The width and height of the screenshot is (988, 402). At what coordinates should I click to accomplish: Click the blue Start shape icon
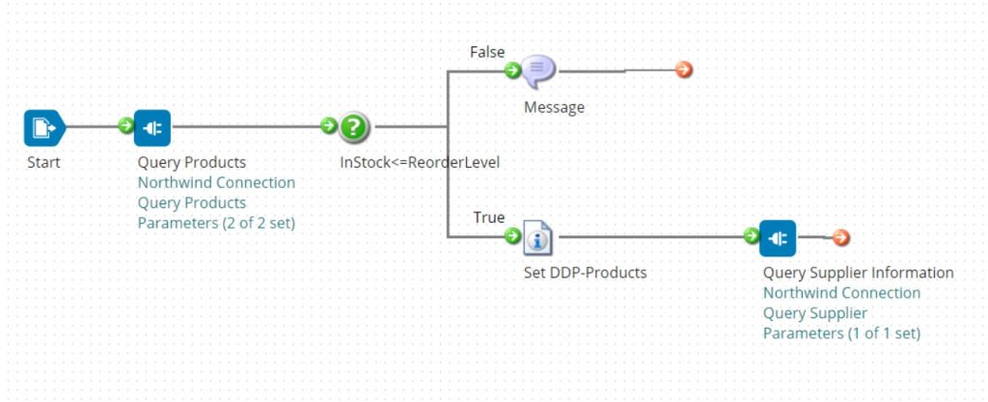coord(44,127)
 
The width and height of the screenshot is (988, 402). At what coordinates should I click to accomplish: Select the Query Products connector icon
coord(152,127)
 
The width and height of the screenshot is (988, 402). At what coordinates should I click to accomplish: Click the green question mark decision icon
coord(354,126)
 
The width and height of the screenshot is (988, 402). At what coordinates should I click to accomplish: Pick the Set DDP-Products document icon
coord(536,236)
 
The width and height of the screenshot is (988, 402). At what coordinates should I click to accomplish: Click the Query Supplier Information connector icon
coord(778,237)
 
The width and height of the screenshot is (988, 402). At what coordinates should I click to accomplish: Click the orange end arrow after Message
coord(684,69)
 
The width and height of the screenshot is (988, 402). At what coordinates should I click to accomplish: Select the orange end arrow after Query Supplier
coord(840,237)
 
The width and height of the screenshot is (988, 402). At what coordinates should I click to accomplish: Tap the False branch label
coord(486,51)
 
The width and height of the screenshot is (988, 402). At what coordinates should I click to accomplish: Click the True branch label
coord(488,217)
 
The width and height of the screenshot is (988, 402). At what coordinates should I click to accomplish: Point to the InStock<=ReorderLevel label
coord(419,162)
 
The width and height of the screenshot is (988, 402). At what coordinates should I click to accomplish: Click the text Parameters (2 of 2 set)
coord(216,223)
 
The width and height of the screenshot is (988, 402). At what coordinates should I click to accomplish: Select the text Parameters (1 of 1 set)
coord(841,334)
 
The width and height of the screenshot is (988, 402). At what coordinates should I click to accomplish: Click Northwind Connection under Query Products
coord(216,182)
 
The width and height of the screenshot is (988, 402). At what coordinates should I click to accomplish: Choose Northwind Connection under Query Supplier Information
coord(841,293)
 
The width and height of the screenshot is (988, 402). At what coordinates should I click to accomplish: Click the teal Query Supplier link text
coord(814,313)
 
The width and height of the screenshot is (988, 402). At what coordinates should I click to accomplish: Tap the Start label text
coord(43,162)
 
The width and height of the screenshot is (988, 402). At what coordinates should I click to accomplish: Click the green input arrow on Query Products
coord(125,125)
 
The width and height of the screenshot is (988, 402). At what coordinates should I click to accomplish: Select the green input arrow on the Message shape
coord(513,69)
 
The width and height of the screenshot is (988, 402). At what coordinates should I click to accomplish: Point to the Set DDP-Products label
coord(585,273)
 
